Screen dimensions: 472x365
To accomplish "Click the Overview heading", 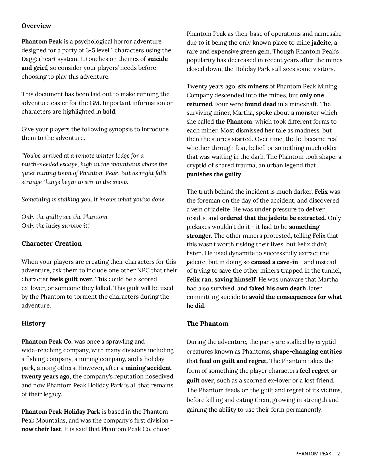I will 36,26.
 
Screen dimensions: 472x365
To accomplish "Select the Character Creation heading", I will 52,243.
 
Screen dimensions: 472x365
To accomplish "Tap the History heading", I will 33,323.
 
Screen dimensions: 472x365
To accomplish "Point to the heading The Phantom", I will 208,324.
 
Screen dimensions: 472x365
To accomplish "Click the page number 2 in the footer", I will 339,454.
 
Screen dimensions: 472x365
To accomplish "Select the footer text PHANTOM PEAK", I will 313,454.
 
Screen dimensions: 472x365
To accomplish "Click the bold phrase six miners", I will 253,86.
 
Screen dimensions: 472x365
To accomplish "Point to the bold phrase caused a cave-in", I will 275,262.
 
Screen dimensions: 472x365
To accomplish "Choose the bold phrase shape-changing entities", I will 307,352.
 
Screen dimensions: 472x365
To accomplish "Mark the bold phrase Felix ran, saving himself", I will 221,279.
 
